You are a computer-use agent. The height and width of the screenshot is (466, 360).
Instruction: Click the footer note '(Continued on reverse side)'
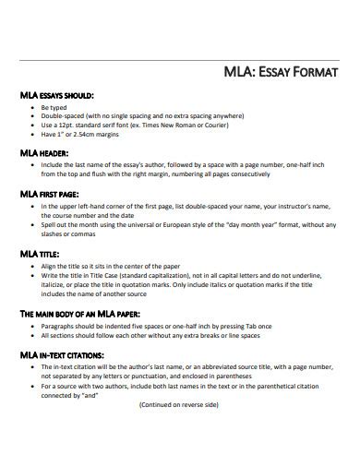[x=180, y=405]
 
